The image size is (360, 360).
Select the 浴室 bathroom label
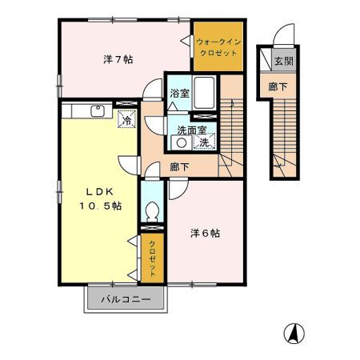click(x=178, y=94)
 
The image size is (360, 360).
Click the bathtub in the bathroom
click(x=205, y=93)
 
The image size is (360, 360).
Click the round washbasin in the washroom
click(x=182, y=143)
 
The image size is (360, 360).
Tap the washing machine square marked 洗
click(x=204, y=142)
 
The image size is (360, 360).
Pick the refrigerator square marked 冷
click(x=126, y=120)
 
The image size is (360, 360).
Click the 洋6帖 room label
click(x=206, y=234)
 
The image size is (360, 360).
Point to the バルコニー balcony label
click(x=126, y=300)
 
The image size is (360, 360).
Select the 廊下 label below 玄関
click(x=278, y=86)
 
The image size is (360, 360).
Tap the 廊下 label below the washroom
click(x=180, y=167)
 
